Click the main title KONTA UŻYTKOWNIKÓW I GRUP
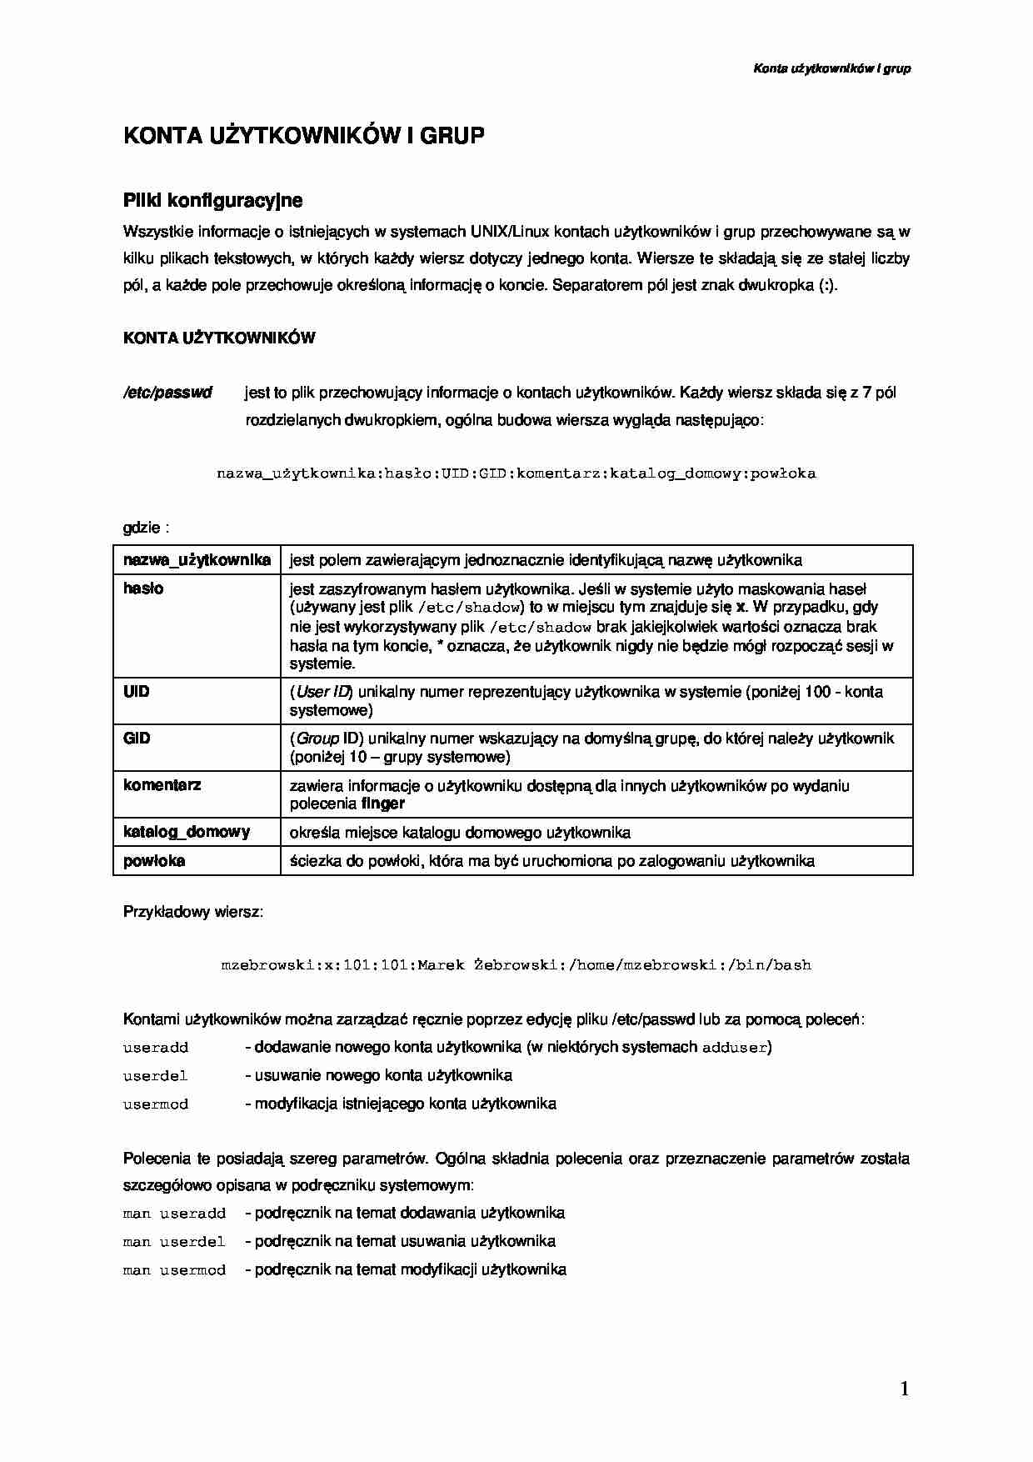pyautogui.click(x=303, y=137)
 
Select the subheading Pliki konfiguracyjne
pyautogui.click(x=212, y=201)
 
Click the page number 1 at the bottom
pyautogui.click(x=904, y=1389)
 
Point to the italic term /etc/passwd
pyautogui.click(x=167, y=393)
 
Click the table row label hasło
pyautogui.click(x=143, y=588)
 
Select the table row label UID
pyautogui.click(x=137, y=692)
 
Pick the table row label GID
pyautogui.click(x=137, y=739)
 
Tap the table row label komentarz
pyautogui.click(x=162, y=785)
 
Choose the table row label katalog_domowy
pyautogui.click(x=187, y=832)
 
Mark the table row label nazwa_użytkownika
pyautogui.click(x=197, y=560)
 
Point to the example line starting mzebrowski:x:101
pyautogui.click(x=516, y=965)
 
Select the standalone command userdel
pyautogui.click(x=156, y=1076)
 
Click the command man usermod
pyautogui.click(x=174, y=1270)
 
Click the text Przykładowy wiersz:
pyautogui.click(x=193, y=912)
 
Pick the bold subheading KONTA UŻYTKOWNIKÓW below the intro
pyautogui.click(x=219, y=338)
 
